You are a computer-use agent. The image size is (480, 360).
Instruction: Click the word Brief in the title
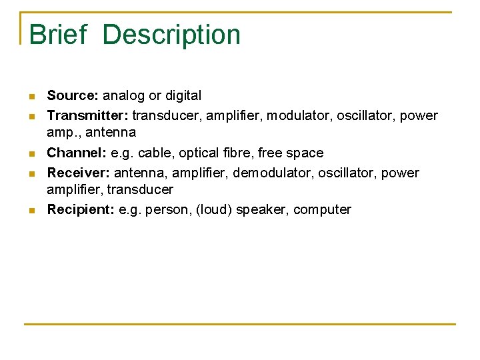pos(58,35)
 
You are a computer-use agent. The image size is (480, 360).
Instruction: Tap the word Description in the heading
pos(172,35)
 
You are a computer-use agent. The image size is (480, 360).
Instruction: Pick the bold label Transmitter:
pos(88,116)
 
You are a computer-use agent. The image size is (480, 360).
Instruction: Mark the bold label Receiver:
pos(79,173)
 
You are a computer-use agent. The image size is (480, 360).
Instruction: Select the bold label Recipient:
pos(81,210)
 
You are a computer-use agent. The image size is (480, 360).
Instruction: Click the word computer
pos(322,210)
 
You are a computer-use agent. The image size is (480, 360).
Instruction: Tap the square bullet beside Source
pos(32,97)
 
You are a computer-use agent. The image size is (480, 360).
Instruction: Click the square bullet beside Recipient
pos(32,211)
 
